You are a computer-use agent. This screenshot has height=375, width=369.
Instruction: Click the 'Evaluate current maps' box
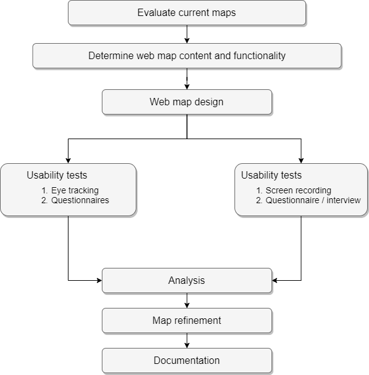pos(187,13)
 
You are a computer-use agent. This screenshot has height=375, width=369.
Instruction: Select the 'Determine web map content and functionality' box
pos(187,55)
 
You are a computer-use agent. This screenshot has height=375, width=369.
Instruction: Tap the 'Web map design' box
pos(187,102)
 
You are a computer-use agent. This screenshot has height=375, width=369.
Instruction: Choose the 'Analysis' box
pos(187,281)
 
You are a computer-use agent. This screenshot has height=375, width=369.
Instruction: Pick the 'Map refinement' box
pos(187,320)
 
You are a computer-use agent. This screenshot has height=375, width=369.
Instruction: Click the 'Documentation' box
pos(187,360)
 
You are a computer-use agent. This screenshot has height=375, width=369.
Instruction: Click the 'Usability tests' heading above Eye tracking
pos(57,175)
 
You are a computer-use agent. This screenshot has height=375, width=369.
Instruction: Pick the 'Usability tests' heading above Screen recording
pos(272,175)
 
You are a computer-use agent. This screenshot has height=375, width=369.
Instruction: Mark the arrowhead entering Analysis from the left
pos(99,280)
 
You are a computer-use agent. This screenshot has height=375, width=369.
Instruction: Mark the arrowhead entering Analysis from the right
pos(275,280)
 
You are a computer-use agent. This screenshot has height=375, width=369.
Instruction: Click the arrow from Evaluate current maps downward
pos(187,34)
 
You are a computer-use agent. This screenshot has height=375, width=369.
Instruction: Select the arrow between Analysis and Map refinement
pos(187,300)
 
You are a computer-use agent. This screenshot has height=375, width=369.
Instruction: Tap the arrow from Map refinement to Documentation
pos(187,341)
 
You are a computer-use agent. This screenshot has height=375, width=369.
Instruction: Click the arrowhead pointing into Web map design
pos(187,87)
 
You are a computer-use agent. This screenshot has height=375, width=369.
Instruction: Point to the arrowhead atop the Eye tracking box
pos(68,161)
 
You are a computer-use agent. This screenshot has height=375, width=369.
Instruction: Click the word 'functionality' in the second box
pos(260,55)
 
